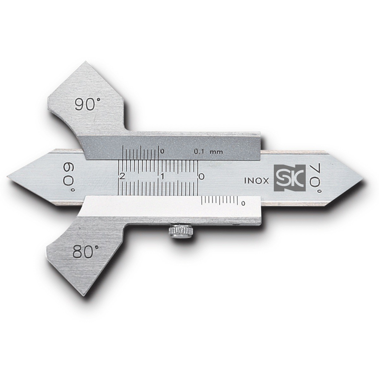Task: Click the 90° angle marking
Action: [85, 104]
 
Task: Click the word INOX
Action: [256, 181]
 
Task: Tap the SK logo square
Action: [290, 178]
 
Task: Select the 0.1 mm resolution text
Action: [208, 152]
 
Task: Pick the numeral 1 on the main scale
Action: [162, 177]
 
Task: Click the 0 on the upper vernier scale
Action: [162, 151]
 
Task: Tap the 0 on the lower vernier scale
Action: [243, 203]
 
